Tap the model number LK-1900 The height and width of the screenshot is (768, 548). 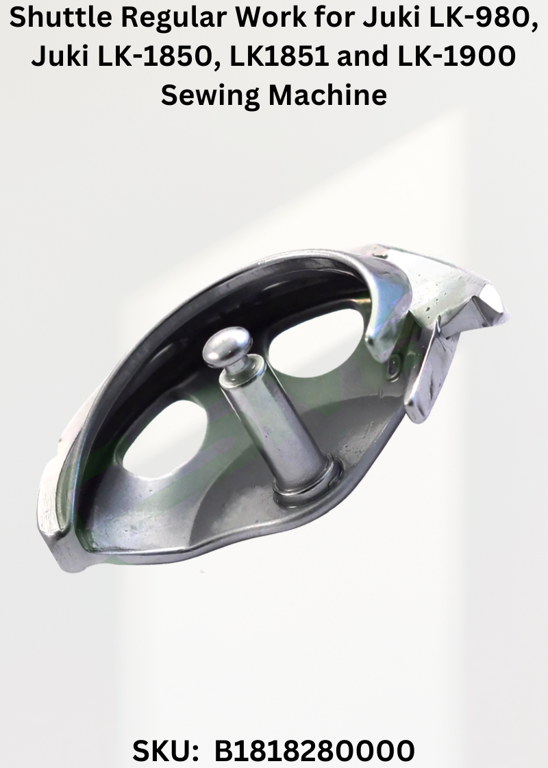pos(456,56)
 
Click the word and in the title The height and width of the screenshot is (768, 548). pos(363,56)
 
